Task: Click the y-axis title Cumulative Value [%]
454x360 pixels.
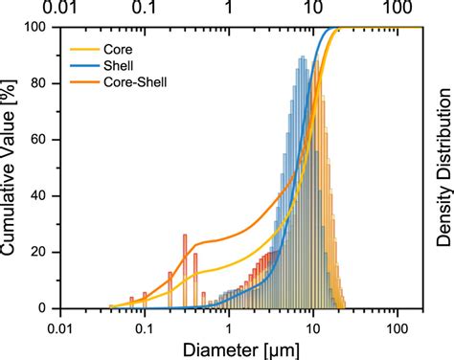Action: click(11, 168)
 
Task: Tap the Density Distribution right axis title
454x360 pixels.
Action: click(443, 168)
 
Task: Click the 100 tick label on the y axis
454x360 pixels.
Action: click(37, 28)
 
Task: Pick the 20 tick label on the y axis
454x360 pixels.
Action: click(41, 253)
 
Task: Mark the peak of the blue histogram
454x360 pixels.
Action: click(303, 59)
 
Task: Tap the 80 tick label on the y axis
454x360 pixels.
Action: click(41, 84)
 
